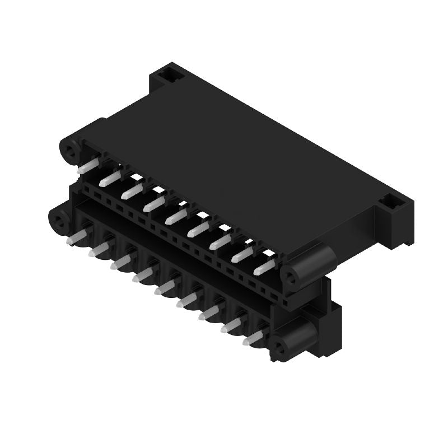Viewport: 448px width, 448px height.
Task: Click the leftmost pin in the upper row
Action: click(x=88, y=166)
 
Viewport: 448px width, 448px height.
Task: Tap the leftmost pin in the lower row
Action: click(x=74, y=237)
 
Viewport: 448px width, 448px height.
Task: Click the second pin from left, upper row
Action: click(x=110, y=179)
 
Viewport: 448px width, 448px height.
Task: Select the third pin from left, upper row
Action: click(x=132, y=192)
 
